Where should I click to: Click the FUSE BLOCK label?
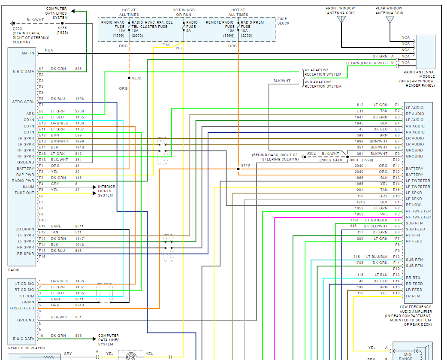283,21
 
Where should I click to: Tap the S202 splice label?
136,78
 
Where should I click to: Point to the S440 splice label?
245,165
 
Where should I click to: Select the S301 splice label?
354,160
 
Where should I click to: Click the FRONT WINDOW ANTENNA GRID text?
340,11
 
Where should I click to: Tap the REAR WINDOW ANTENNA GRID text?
389,11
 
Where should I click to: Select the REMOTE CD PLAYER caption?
26,348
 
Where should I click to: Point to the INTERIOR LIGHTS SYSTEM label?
106,191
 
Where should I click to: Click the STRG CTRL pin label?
23,102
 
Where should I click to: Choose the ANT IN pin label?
27,53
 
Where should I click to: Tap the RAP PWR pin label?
25,175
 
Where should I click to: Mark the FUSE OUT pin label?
24,193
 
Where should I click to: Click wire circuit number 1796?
80,99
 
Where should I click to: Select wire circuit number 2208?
80,111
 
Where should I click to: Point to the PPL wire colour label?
384,214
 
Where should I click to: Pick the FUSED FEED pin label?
22,308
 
